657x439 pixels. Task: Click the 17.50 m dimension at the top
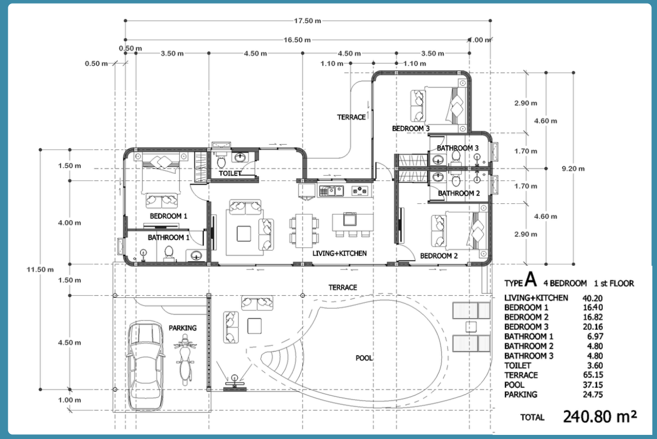[308, 21]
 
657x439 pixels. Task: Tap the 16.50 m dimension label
[297, 40]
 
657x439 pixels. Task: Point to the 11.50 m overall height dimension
[40, 269]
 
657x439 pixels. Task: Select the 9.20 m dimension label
[573, 169]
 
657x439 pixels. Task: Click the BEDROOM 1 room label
[169, 216]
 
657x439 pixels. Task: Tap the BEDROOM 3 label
[410, 129]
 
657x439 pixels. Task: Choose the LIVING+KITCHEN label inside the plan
[339, 253]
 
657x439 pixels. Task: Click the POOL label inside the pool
[364, 358]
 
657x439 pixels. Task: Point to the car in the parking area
[145, 366]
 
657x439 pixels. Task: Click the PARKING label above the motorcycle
[182, 328]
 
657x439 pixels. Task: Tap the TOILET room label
[230, 173]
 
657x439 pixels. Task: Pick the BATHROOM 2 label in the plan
[459, 193]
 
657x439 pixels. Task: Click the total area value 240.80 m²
[600, 416]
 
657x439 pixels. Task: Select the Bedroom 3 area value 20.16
[592, 327]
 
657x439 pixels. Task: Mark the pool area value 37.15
[593, 385]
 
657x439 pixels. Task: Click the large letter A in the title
[530, 279]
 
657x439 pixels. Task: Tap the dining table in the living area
[304, 231]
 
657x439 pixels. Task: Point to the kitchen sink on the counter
[331, 191]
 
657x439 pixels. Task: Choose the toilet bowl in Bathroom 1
[169, 253]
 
